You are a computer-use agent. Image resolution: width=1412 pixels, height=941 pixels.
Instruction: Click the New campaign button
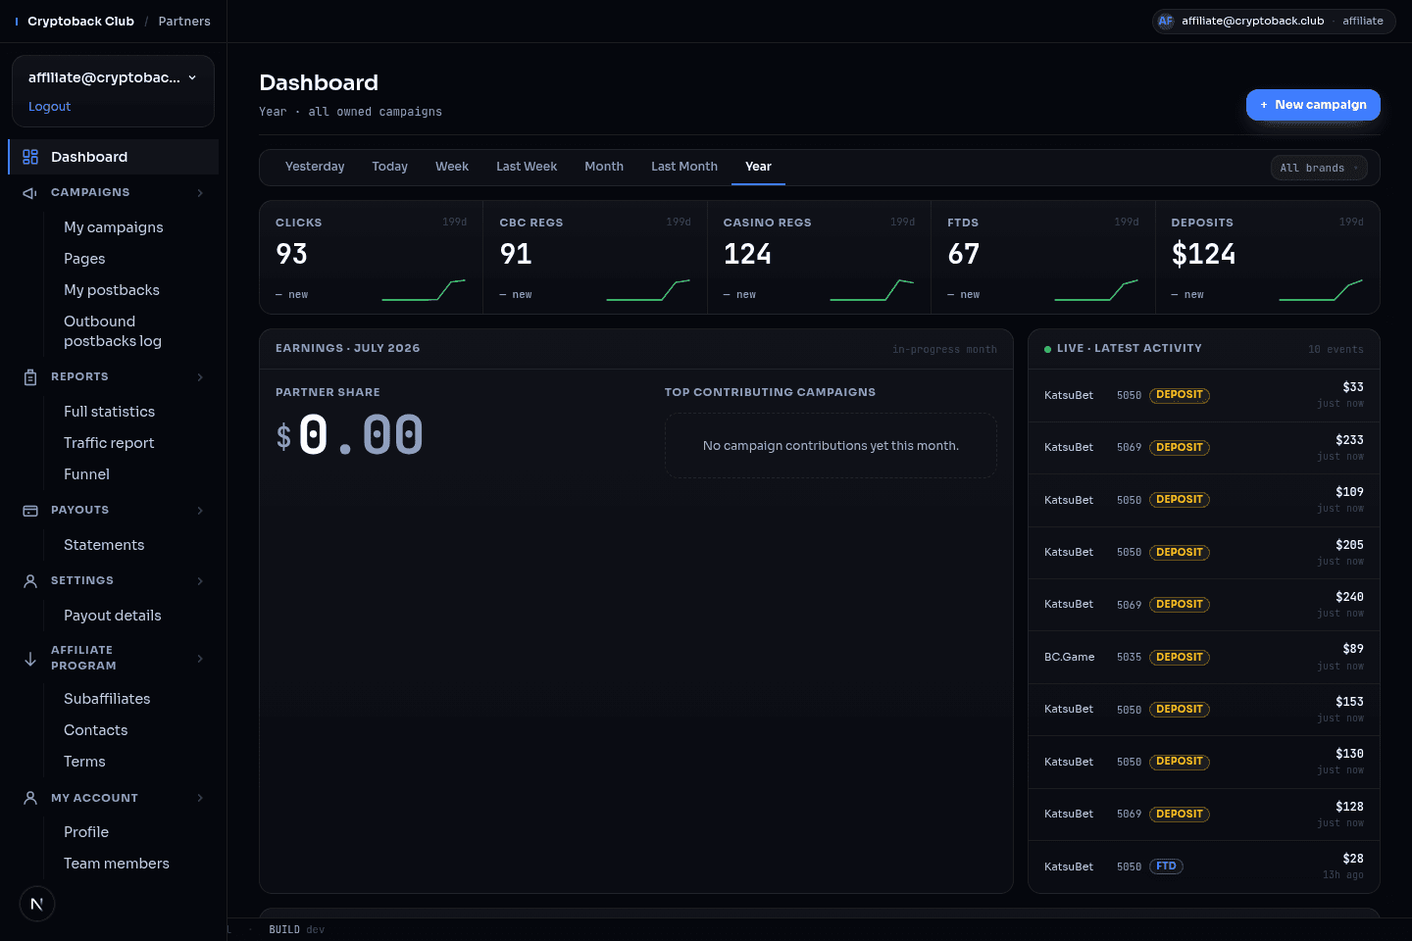click(x=1312, y=105)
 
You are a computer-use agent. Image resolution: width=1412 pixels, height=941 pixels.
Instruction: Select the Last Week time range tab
click(x=527, y=167)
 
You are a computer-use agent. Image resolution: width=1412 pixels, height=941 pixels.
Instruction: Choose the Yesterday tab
click(x=315, y=167)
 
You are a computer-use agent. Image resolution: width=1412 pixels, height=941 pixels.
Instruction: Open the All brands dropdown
click(x=1319, y=168)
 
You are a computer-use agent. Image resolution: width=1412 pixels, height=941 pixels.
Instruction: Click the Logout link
click(x=49, y=107)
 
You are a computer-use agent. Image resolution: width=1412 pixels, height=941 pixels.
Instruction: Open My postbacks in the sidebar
click(x=112, y=290)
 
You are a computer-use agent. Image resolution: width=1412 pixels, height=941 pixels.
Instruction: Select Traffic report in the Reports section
click(x=109, y=443)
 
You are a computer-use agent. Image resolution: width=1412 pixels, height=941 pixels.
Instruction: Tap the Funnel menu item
click(x=86, y=474)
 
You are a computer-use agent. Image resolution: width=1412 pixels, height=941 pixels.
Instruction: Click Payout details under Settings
click(x=112, y=616)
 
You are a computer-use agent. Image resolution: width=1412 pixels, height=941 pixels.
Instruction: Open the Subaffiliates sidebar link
click(x=107, y=699)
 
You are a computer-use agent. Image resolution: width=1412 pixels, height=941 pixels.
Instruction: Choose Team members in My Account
click(x=117, y=864)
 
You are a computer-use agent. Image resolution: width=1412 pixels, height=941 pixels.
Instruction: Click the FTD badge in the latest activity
click(x=1166, y=866)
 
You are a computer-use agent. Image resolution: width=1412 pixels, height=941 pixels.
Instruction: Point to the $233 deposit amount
click(x=1349, y=440)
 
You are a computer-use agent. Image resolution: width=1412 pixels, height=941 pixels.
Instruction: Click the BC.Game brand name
click(x=1069, y=657)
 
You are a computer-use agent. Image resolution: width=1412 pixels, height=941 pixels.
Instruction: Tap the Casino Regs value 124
click(x=747, y=254)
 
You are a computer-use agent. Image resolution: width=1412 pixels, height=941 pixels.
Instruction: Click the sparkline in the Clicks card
click(x=424, y=290)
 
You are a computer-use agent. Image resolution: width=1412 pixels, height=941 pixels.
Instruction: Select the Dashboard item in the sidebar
click(x=89, y=157)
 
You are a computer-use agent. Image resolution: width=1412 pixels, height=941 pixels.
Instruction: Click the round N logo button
click(x=37, y=904)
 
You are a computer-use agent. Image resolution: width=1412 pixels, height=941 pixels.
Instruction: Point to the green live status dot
click(x=1047, y=349)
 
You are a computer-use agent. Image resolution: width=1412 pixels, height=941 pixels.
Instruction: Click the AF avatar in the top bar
click(x=1166, y=22)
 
